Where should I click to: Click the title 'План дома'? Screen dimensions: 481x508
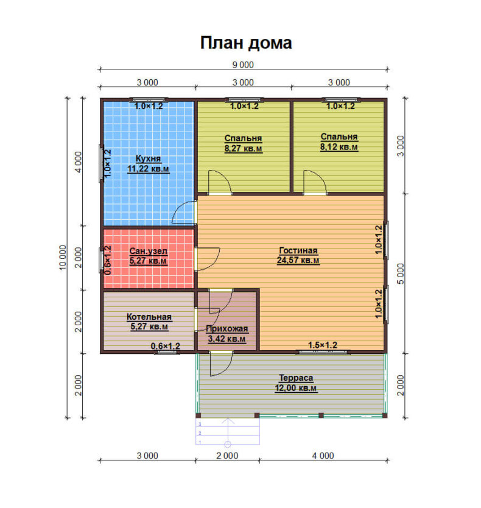[x=246, y=43]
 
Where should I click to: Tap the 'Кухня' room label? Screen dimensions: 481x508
[x=148, y=158]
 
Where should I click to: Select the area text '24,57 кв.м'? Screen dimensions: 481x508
[x=298, y=260]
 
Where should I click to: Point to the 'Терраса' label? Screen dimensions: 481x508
[x=296, y=378]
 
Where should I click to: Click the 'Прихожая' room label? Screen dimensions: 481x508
[x=226, y=328]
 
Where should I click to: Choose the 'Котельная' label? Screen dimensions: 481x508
[x=149, y=317]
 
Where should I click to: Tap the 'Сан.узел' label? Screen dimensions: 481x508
[x=149, y=251]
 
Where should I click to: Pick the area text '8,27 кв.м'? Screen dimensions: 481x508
[x=244, y=149]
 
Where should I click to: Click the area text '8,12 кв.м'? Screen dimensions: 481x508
[x=339, y=147]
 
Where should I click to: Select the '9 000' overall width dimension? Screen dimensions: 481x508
[x=243, y=65]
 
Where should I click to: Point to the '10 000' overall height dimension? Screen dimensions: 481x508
[x=63, y=258]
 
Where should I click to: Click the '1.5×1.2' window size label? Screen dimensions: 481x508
[x=323, y=345]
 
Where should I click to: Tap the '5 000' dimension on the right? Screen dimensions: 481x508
[x=401, y=273]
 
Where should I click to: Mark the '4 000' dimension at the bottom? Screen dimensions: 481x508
[x=323, y=456]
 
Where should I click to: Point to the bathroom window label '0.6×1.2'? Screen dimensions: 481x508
[x=108, y=260]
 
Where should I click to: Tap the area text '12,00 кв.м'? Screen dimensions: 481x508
[x=296, y=388]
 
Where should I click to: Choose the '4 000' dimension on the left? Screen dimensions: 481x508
[x=78, y=162]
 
